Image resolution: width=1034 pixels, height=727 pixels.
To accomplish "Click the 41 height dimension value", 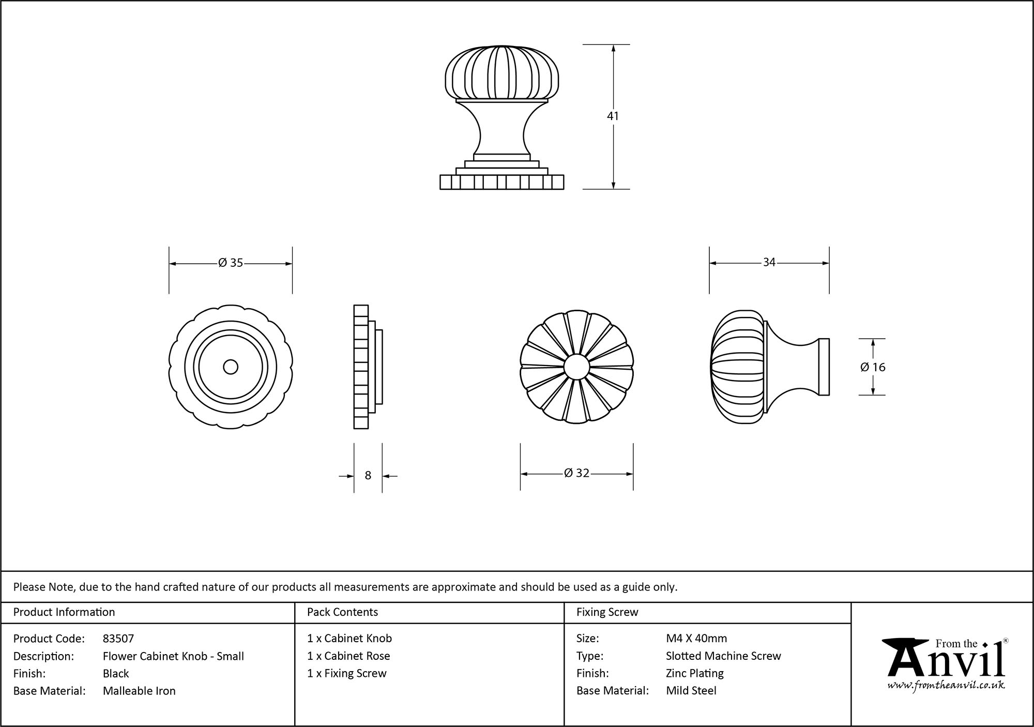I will [613, 116].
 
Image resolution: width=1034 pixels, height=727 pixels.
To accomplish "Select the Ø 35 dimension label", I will [231, 263].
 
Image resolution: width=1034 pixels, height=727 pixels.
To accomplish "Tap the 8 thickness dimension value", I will [368, 476].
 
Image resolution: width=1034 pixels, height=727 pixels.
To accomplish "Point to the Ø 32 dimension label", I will [576, 473].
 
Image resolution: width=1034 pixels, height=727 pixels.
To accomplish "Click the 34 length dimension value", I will [769, 263].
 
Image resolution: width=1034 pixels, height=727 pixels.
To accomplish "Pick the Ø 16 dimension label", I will [873, 367].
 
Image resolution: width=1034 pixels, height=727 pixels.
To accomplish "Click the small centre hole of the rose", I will [231, 367].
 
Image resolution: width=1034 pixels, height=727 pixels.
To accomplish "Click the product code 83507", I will [118, 639].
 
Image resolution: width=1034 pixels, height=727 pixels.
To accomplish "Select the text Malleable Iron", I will [139, 691].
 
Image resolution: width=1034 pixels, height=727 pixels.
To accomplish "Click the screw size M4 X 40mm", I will [696, 639].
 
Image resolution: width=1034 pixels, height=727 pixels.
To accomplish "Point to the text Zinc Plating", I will [694, 673].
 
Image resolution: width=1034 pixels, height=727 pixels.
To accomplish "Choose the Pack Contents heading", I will [342, 612].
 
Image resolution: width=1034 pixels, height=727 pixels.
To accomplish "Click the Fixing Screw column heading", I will [607, 612].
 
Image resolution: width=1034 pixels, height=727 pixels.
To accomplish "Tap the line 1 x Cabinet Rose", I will [348, 656].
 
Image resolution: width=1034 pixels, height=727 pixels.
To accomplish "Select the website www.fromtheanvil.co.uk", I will [946, 686].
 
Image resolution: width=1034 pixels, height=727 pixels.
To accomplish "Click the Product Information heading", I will [64, 612].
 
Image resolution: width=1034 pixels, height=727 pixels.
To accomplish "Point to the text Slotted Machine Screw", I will [723, 656].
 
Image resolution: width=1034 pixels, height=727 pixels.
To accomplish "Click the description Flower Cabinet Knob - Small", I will [173, 656].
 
